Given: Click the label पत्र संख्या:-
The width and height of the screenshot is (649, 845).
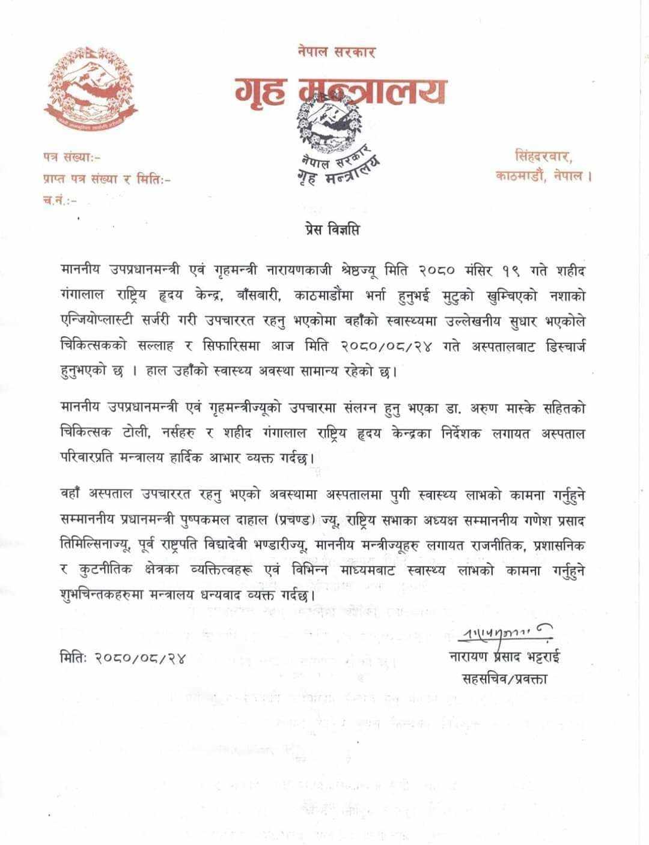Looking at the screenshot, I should coord(72,158).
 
